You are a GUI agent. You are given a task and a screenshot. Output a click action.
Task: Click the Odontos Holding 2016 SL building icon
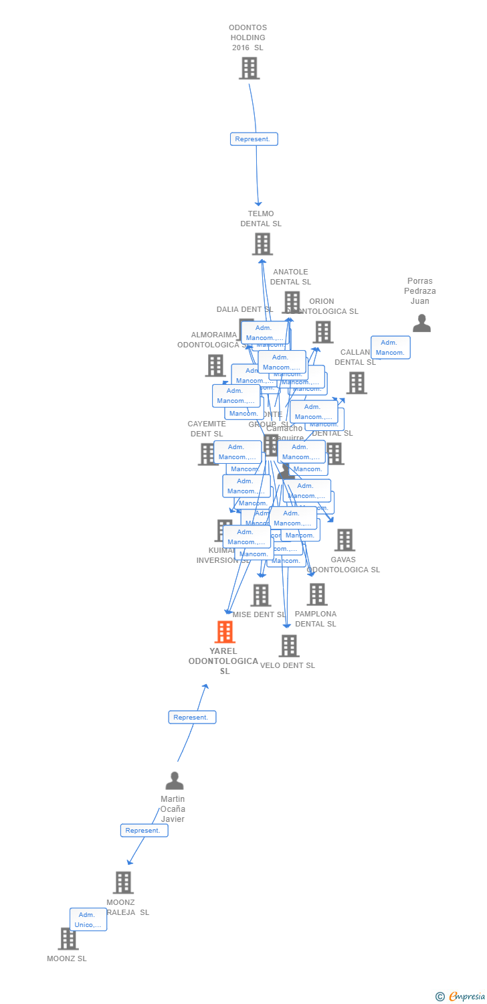pos(249,68)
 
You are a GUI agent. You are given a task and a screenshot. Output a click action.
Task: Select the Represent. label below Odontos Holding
pos(254,139)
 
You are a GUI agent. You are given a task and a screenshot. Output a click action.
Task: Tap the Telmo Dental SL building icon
pos(262,244)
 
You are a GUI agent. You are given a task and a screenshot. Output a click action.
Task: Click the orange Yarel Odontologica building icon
pos(225,632)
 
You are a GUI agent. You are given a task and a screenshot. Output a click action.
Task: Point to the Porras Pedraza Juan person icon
pos(421,323)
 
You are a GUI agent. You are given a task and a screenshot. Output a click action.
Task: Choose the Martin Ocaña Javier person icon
pos(175,781)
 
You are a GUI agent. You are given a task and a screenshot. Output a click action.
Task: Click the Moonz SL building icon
pos(68,938)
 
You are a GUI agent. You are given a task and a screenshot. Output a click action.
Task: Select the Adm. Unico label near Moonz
pos(88,920)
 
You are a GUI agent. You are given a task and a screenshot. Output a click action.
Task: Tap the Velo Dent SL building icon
pos(289,646)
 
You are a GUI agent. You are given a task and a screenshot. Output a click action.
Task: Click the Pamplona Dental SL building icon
pos(317,594)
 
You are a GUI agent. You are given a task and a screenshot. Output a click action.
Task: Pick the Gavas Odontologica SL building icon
pos(345,540)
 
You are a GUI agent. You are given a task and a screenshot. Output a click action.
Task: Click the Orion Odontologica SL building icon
pos(323,332)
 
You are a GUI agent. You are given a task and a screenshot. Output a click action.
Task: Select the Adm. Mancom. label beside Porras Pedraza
pos(390,347)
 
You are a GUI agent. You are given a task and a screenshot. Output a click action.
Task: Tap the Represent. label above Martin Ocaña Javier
pos(192,717)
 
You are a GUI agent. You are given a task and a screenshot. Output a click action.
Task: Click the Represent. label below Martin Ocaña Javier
pos(144,830)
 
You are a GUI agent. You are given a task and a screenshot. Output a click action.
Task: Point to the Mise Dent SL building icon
pos(260,595)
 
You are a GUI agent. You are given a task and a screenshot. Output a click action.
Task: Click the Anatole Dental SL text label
pos(290,277)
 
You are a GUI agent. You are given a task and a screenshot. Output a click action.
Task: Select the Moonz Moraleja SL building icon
pos(123,882)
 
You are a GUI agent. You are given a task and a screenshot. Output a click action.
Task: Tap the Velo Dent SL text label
pos(288,665)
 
